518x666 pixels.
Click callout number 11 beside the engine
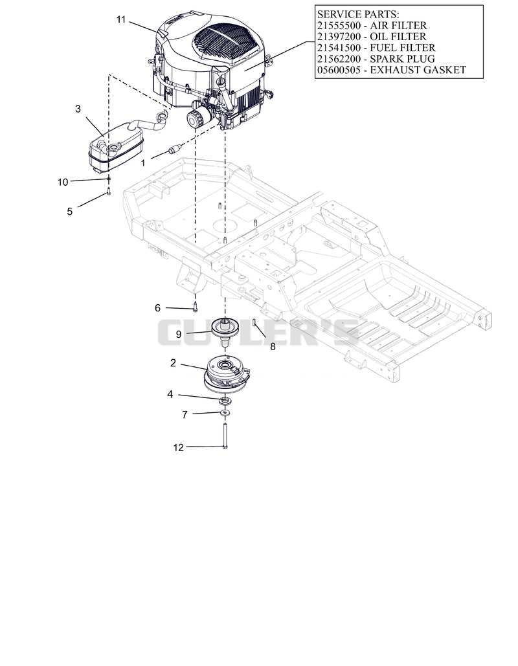coord(121,19)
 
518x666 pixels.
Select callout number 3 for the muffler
coord(78,109)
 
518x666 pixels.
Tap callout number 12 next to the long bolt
coord(179,447)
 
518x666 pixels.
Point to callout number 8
coord(273,347)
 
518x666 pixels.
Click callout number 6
coord(157,308)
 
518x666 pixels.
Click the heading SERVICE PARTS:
coord(358,14)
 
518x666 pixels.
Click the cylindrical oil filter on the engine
coord(198,117)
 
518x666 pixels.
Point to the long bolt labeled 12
coord(225,436)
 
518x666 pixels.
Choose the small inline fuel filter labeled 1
coord(174,150)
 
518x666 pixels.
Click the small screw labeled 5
coord(109,191)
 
